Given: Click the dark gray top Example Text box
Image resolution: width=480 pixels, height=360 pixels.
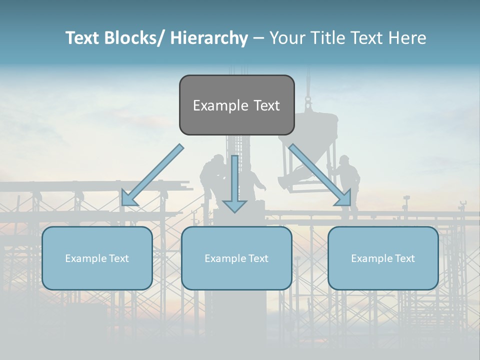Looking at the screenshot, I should [x=236, y=105].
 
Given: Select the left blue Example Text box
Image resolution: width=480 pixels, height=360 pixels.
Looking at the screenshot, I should [x=97, y=258].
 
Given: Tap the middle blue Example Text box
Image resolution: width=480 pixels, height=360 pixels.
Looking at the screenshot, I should [x=236, y=258].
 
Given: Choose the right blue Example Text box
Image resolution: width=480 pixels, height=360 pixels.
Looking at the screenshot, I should [x=383, y=258].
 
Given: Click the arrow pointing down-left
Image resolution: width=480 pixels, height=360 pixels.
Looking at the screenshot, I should [x=152, y=175].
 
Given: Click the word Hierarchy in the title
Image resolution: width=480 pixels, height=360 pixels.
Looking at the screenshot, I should [x=208, y=38].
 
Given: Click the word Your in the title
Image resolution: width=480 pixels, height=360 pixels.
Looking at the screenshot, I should [x=286, y=38].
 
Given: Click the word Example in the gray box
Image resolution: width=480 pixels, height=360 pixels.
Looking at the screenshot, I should [x=214, y=105].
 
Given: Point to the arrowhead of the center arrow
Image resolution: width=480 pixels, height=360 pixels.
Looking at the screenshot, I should [x=234, y=205].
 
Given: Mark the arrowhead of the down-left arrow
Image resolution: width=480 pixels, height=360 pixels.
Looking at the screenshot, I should [x=128, y=198].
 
